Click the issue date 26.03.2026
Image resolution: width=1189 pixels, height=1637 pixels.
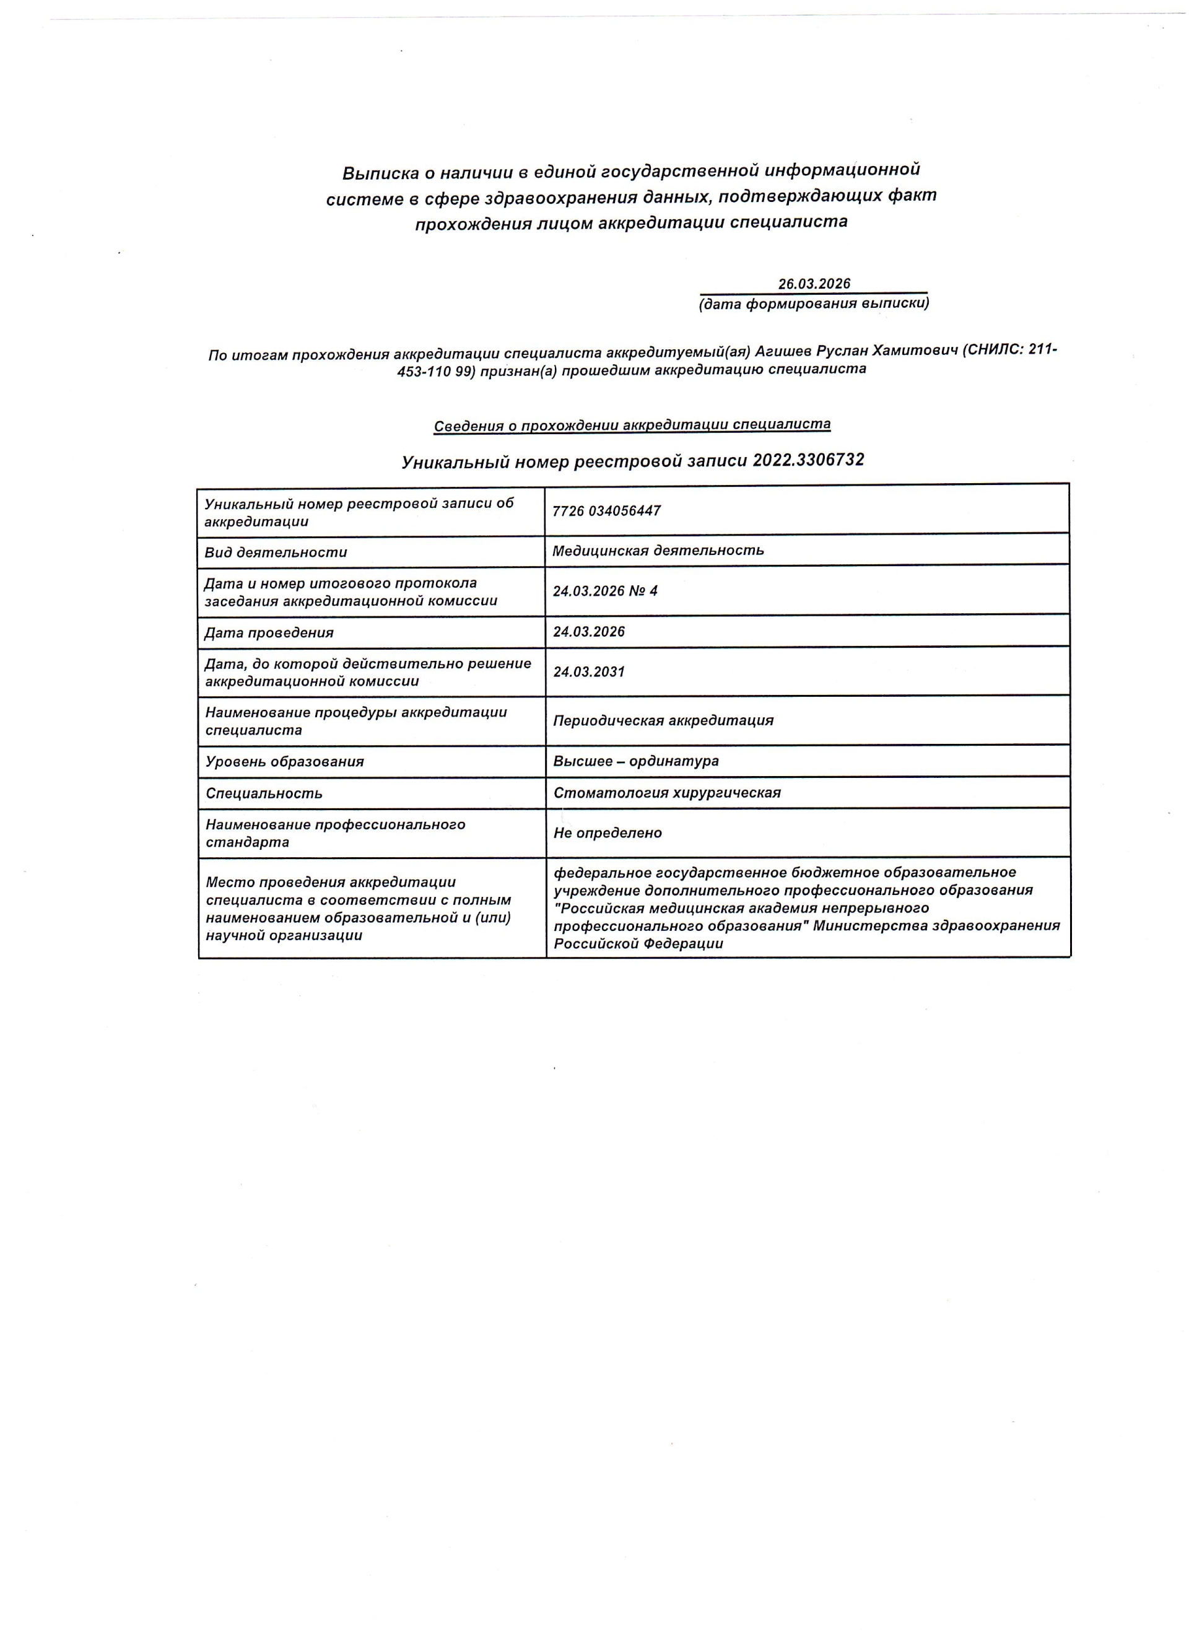click(814, 284)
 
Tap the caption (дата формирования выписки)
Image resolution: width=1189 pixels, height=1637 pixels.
click(814, 304)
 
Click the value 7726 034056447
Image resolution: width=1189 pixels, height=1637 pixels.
click(606, 511)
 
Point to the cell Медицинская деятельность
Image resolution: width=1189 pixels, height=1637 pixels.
click(658, 551)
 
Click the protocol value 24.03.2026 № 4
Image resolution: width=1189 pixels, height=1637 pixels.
click(605, 591)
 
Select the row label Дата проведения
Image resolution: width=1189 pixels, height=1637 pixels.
click(269, 633)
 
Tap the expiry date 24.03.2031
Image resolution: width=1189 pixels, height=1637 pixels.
click(589, 672)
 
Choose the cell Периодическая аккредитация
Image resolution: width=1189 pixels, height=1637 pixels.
click(663, 720)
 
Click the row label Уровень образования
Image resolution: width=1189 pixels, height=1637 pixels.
click(285, 761)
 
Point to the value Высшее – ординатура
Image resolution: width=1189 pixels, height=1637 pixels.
click(635, 761)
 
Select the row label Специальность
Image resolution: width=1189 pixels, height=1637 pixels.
click(264, 793)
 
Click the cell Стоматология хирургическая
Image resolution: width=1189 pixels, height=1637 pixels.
click(667, 793)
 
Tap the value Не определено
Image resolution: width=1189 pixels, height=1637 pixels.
click(608, 833)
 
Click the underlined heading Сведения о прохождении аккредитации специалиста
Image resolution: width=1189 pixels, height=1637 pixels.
click(632, 425)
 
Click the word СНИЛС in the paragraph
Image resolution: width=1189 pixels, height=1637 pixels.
click(993, 351)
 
